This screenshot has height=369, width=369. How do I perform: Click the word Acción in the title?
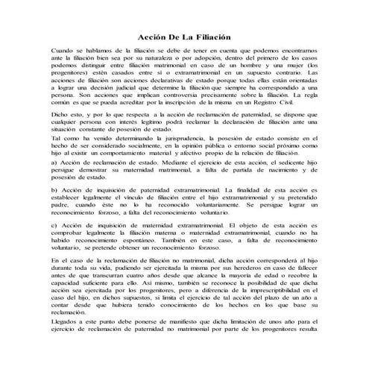point(154,36)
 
